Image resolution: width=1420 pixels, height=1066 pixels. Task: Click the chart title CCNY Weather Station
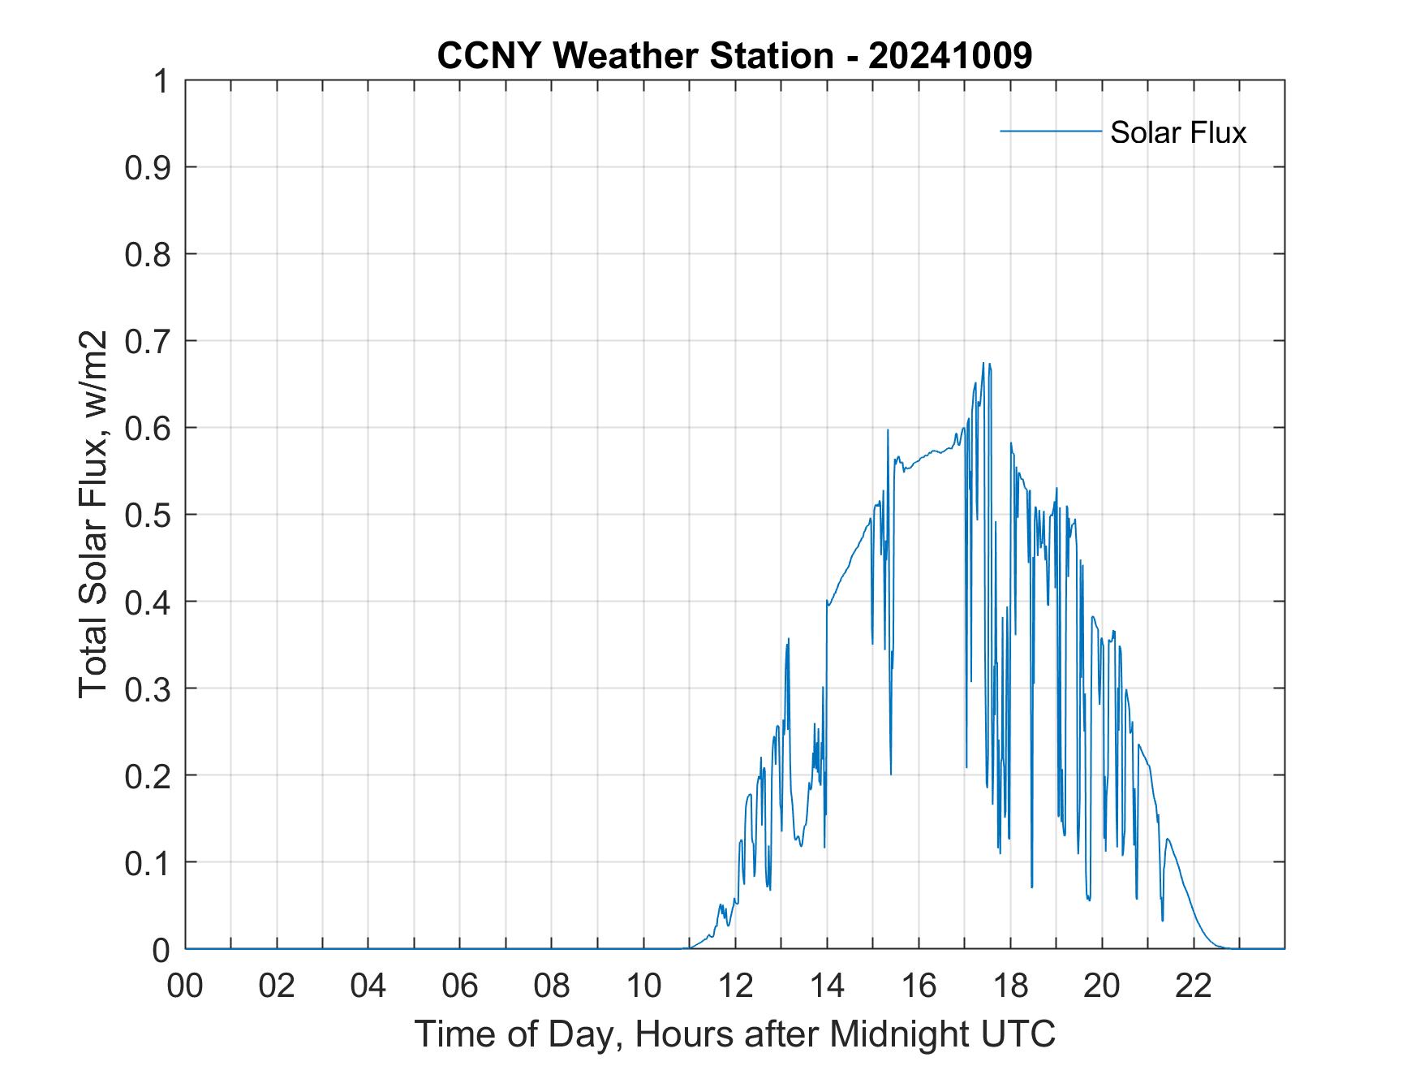[x=635, y=56]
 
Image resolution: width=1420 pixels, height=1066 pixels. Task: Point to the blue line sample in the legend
[x=1050, y=131]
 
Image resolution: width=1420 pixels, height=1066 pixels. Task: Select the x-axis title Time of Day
[x=734, y=1034]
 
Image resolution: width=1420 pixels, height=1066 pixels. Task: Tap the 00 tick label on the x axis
[x=185, y=986]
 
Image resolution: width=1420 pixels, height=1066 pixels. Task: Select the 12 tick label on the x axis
[x=735, y=986]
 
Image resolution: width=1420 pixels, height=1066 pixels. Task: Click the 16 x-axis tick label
[x=919, y=986]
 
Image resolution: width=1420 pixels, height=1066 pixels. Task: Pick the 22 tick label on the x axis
[x=1194, y=986]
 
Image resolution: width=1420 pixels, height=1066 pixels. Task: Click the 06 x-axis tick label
[x=460, y=986]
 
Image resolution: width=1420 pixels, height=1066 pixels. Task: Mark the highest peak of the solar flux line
[x=983, y=364]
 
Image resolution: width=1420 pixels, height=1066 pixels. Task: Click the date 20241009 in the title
[x=949, y=56]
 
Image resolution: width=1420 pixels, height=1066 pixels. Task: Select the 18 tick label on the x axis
[x=1010, y=986]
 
